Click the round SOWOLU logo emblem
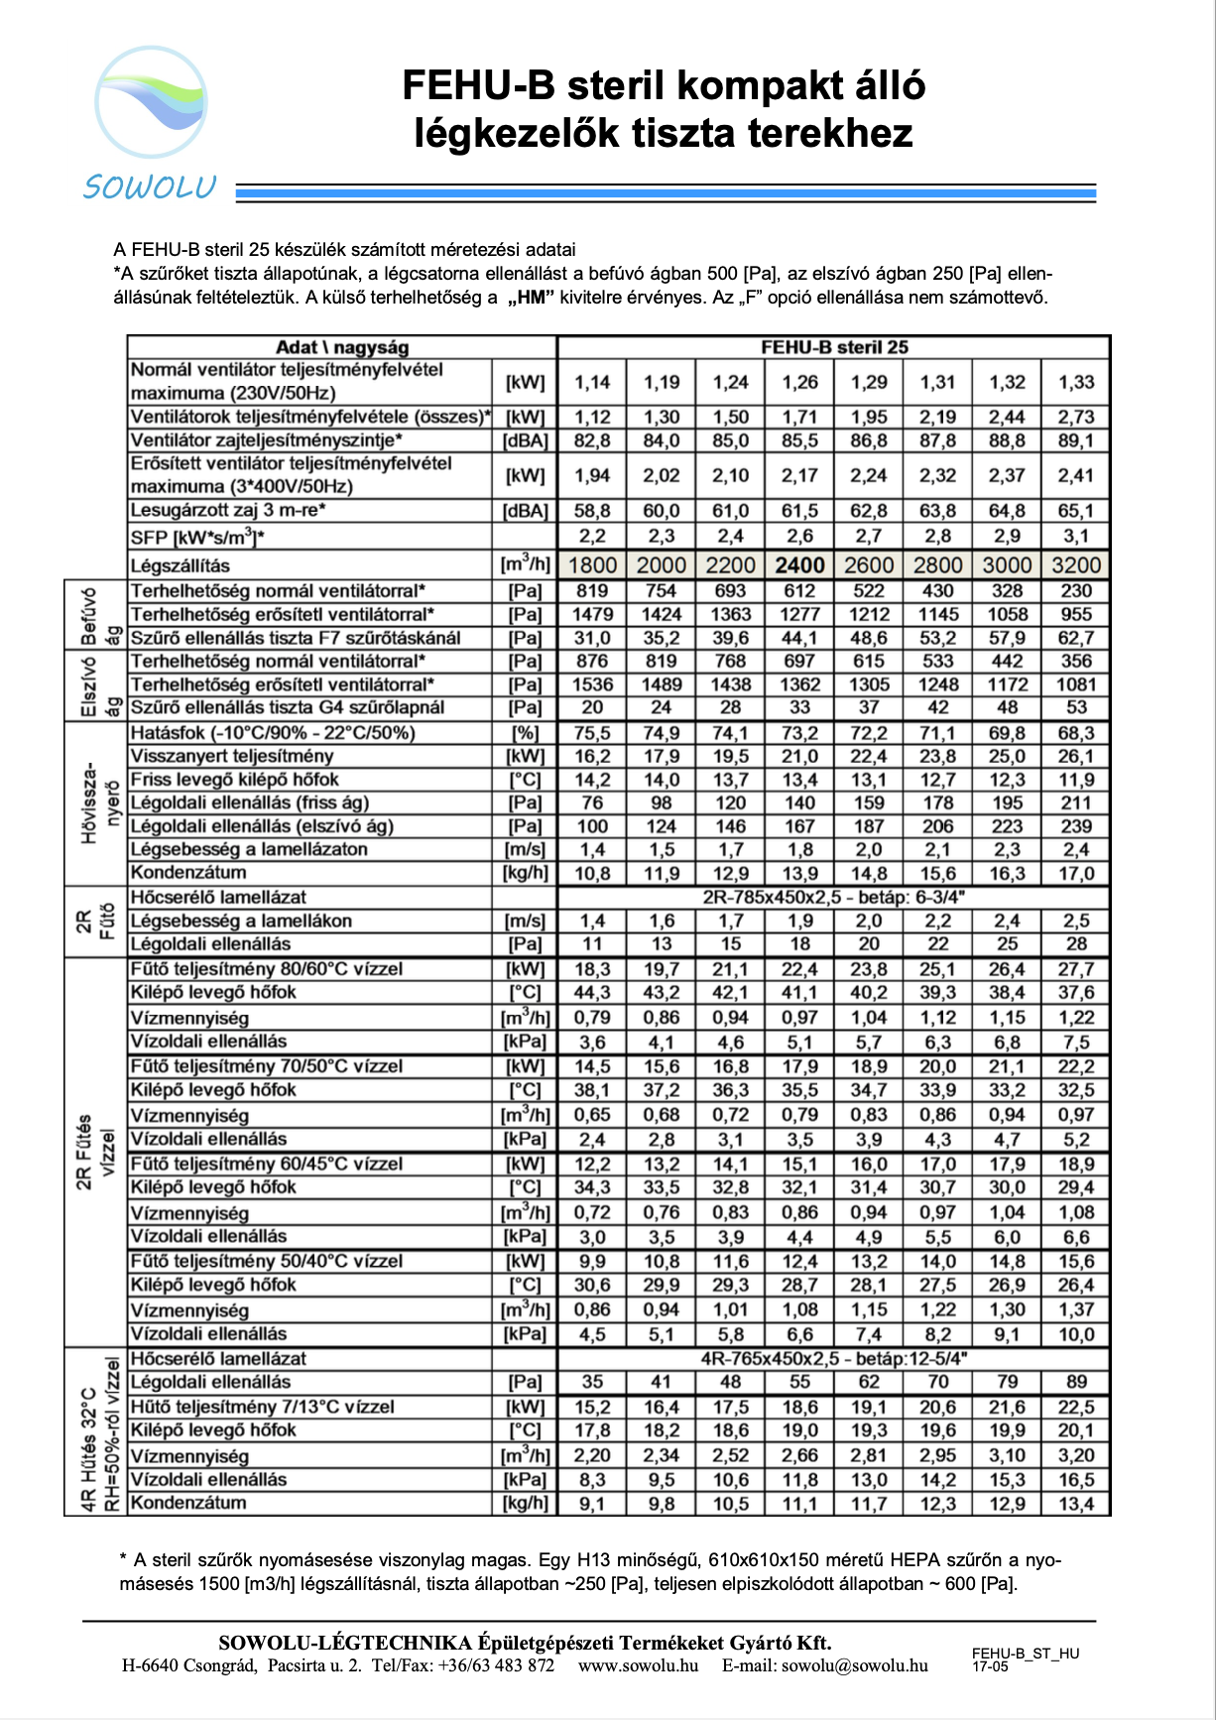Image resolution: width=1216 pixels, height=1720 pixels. coord(152,102)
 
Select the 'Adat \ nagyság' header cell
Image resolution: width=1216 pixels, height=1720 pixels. coord(342,347)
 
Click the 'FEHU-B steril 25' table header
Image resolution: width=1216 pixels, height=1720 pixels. coord(834,347)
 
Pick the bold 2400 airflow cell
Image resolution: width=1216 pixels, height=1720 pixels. coord(799,565)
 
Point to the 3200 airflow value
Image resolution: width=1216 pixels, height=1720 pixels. coord(1076,565)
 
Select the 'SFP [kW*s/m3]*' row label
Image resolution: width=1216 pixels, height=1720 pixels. coord(197,538)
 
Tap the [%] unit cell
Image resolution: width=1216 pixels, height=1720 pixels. coord(525,733)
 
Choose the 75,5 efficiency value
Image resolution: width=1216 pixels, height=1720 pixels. coord(592,733)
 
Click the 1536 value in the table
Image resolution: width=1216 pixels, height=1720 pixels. coord(592,684)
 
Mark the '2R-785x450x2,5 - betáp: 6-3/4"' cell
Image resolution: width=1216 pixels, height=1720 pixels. coord(834,898)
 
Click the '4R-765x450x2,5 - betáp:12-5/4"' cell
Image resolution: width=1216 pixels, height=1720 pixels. coord(834,1358)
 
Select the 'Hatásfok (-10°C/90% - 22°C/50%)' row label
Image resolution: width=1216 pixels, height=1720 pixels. coord(273,733)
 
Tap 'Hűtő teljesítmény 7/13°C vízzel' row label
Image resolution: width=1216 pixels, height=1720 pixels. coord(263,1407)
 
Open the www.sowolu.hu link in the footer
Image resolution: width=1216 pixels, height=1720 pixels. coord(638,1665)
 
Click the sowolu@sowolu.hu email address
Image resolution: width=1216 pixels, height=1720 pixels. coord(854,1665)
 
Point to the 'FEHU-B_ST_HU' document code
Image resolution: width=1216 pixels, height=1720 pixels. coord(1025,1654)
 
